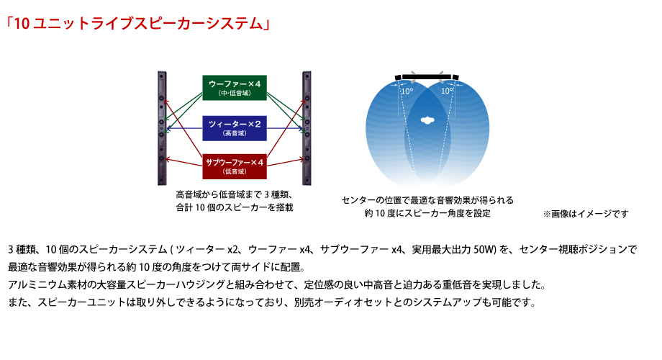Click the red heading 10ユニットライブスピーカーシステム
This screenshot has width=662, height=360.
coord(138,23)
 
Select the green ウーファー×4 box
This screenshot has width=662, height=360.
coord(235,87)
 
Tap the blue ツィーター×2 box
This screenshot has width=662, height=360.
coord(235,128)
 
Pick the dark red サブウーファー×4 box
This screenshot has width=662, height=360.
coord(235,166)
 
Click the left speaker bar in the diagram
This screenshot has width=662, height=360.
coord(162,128)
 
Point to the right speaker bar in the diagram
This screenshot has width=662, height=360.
coord(307,128)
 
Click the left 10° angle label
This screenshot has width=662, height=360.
coord(407,91)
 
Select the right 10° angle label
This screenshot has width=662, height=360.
coord(447,91)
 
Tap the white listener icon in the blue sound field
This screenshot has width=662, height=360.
coord(427,120)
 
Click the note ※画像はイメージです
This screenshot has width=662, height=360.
coord(586,214)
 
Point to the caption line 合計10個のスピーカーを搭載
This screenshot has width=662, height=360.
coord(235,207)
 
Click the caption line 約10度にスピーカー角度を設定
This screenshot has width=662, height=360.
coord(427,213)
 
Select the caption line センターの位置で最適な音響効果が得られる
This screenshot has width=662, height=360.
coord(427,200)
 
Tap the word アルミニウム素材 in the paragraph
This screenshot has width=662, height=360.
coord(47,285)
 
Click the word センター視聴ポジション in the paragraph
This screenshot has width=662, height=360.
coord(573,249)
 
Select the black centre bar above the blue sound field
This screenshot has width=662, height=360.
coord(427,77)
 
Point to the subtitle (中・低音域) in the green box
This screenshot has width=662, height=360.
coord(235,94)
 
